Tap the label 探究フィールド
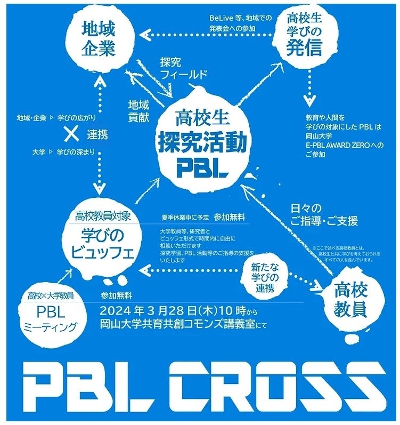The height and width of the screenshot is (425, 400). coord(183,68)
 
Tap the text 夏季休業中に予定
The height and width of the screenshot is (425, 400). coord(185,217)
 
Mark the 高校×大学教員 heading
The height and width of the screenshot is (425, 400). coord(51,295)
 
